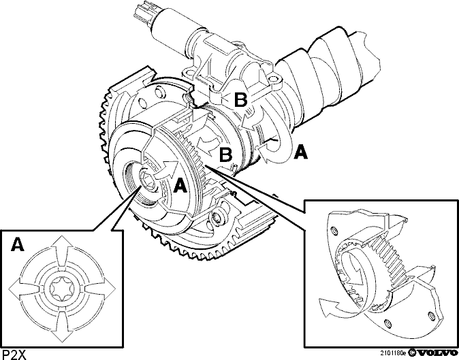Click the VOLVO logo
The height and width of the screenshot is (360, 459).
(435, 353)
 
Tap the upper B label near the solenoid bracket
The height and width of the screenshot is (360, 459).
(241, 100)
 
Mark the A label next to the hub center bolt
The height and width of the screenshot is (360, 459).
(179, 186)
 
